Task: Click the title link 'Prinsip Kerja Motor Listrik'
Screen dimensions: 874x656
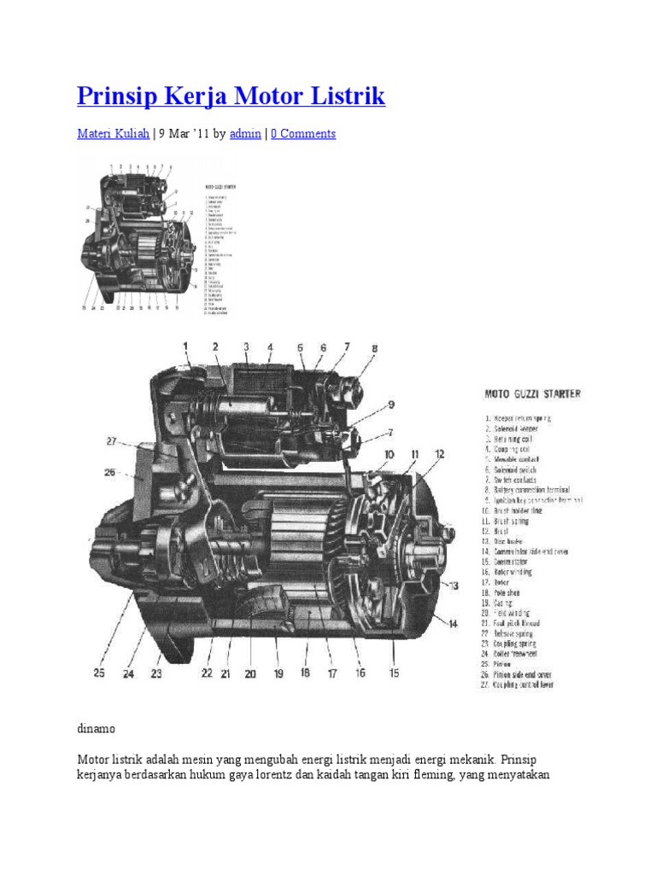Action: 231,96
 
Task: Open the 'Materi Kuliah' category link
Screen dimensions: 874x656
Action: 113,134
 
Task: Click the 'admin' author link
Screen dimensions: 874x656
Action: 245,134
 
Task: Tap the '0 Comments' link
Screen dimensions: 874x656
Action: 303,134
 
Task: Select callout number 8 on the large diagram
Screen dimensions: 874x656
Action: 373,348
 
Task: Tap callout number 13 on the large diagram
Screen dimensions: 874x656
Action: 452,585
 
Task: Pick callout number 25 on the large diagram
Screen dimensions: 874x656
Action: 99,673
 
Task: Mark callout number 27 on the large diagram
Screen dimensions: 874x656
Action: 110,441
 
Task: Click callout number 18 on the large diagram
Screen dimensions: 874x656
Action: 306,673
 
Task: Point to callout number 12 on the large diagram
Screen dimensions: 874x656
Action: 438,454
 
